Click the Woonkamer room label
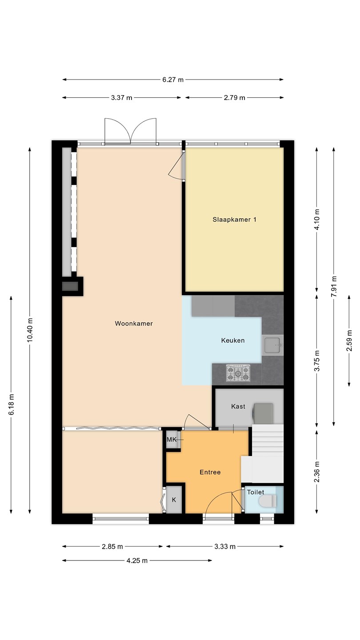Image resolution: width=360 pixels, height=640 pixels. (134, 324)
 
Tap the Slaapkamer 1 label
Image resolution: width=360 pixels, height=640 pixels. (234, 220)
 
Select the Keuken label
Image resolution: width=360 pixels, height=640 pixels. (233, 340)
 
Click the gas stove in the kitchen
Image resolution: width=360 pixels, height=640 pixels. (238, 373)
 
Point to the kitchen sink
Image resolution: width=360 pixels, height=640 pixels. (273, 345)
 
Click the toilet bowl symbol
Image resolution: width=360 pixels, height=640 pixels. (268, 501)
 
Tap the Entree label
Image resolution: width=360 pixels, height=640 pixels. (210, 472)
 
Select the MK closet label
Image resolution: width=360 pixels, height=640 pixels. (172, 440)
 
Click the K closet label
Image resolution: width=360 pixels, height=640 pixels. (174, 500)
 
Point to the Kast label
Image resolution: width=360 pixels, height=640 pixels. (238, 406)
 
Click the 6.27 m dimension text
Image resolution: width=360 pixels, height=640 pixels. (173, 80)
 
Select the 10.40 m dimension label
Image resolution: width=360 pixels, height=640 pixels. (30, 329)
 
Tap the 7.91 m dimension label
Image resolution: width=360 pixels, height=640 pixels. (334, 287)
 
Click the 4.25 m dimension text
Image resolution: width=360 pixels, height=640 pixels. (137, 560)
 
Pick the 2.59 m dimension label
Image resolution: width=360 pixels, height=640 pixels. (349, 340)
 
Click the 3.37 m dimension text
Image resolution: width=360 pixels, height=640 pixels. (122, 98)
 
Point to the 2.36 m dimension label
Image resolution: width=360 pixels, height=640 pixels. (316, 472)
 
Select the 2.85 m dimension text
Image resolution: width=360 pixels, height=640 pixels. (112, 547)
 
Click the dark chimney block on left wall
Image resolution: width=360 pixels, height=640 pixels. (70, 286)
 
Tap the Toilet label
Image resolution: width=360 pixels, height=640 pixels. (256, 492)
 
